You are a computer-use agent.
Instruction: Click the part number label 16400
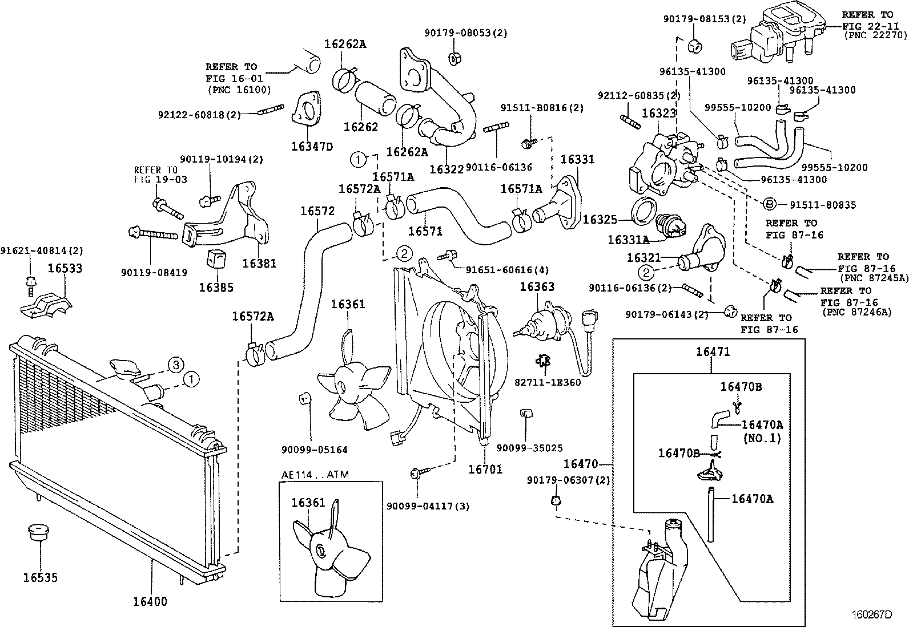[150, 601]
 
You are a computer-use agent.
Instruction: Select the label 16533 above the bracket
[65, 268]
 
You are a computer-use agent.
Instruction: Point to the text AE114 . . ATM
[315, 474]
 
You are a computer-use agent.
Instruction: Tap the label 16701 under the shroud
[485, 470]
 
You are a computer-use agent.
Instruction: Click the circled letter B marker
[769, 204]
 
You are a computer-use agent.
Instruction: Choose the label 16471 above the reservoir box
[712, 352]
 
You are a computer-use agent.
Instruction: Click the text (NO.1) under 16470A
[762, 439]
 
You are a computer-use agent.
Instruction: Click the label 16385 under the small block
[216, 288]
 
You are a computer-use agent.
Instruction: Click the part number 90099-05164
[314, 450]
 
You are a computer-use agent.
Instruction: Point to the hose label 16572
[317, 211]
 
